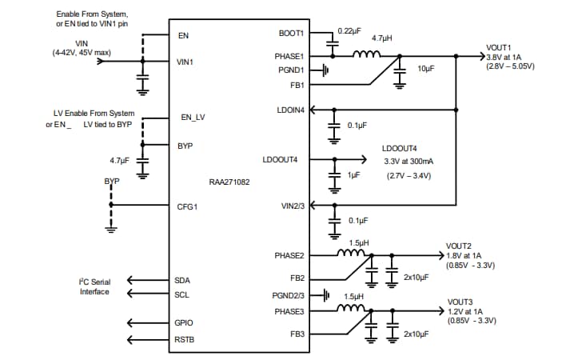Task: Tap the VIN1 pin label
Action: (185, 61)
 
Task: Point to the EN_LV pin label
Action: (193, 118)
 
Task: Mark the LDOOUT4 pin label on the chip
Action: (280, 159)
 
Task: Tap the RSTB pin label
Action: (185, 339)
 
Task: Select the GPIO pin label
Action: (184, 322)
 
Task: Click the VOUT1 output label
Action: (500, 47)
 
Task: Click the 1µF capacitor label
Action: (355, 174)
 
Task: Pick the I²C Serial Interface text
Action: (94, 286)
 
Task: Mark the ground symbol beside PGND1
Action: (326, 70)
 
